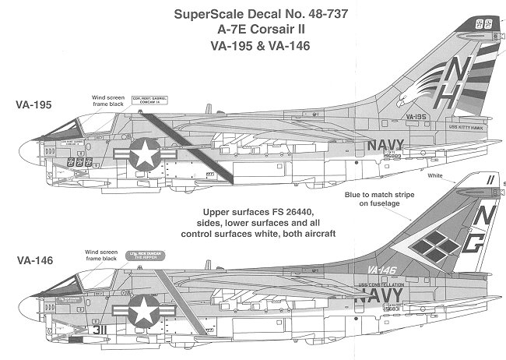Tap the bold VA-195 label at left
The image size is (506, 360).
coord(33,104)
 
